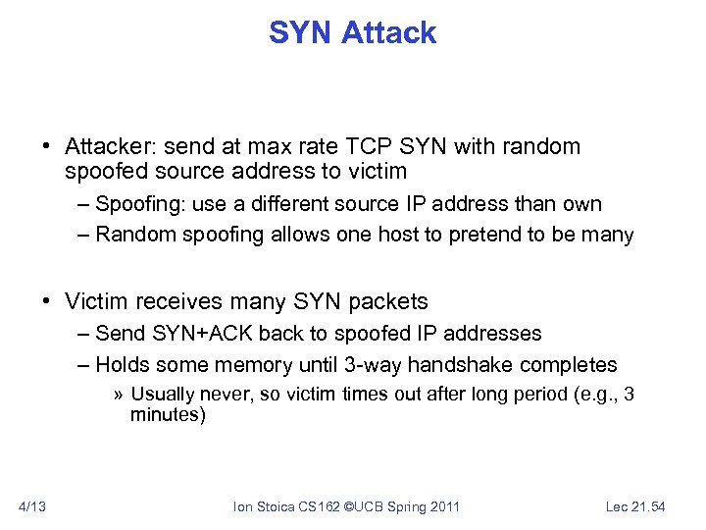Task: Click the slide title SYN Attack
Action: [x=352, y=33]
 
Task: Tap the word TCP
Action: [x=368, y=147]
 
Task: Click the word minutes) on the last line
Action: [x=168, y=415]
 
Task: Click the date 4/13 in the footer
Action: [x=33, y=507]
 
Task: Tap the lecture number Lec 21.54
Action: [x=634, y=507]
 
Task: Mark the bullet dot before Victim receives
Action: [x=47, y=301]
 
